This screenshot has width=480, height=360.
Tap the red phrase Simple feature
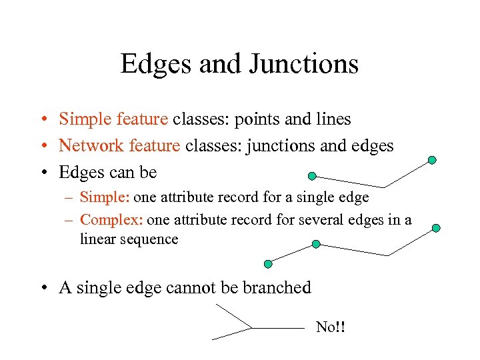tap(113, 119)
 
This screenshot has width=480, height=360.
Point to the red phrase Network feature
tap(119, 145)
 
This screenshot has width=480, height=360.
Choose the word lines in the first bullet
tap(333, 119)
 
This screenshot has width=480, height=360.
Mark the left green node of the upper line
tap(311, 176)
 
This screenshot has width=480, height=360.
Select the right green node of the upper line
tap(432, 160)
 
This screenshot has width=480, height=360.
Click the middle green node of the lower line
tap(316, 244)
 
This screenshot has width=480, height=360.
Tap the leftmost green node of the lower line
tap(268, 264)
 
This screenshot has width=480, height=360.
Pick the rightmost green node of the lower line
tap(436, 228)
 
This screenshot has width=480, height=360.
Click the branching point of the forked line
tap(251, 328)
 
